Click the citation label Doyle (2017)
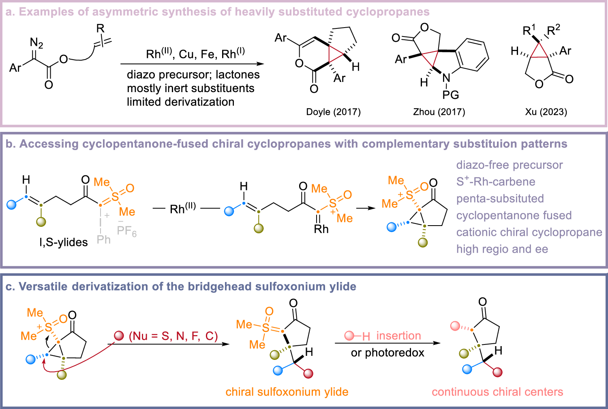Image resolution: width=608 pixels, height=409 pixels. click(x=333, y=112)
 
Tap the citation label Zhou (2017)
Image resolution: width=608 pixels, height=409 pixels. click(x=439, y=112)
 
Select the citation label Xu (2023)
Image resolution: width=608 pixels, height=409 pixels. click(x=546, y=112)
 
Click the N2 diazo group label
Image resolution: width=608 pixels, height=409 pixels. click(x=36, y=43)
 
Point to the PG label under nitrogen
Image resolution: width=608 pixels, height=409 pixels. click(x=451, y=95)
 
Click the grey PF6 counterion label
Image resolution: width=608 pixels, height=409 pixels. click(x=126, y=231)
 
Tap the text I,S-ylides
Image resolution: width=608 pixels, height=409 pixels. click(x=64, y=242)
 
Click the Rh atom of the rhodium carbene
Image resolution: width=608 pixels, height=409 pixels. click(x=321, y=229)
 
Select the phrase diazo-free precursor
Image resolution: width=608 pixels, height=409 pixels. click(x=510, y=165)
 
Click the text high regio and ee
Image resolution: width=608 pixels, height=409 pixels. click(x=502, y=249)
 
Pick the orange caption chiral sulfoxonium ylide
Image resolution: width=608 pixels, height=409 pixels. click(x=287, y=392)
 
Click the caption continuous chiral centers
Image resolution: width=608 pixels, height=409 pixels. click(x=497, y=392)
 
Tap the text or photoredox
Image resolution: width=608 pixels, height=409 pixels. click(x=387, y=353)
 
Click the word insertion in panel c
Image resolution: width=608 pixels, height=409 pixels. click(x=398, y=336)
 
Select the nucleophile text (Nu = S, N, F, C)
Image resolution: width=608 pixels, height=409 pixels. click(x=173, y=336)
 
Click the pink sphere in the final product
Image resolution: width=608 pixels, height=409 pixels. click(x=455, y=326)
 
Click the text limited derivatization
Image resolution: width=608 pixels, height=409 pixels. click(x=180, y=102)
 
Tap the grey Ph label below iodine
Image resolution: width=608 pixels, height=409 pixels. click(x=104, y=239)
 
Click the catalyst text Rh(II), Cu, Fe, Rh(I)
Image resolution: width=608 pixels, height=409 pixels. click(x=195, y=54)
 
